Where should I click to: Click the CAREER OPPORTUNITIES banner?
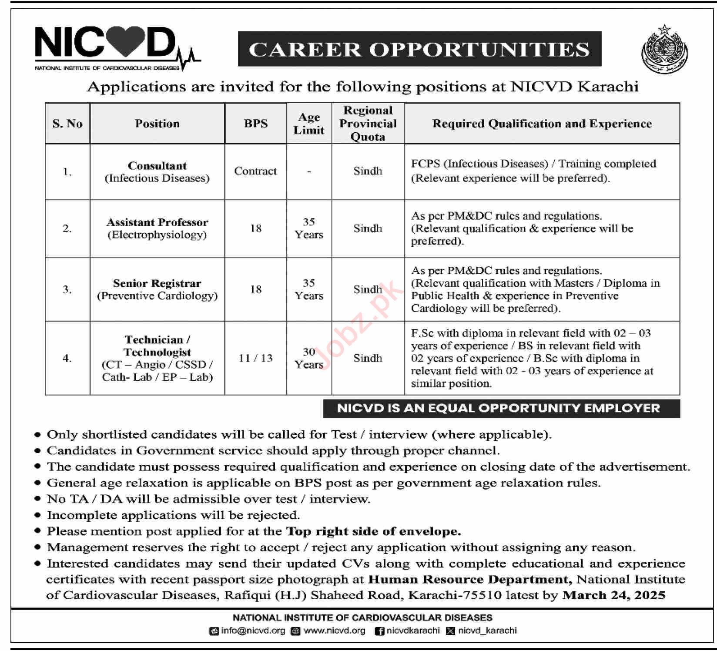point(419,49)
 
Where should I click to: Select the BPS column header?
point(255,124)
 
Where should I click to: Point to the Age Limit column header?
point(309,124)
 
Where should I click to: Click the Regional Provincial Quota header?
point(368,124)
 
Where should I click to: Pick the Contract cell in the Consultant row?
point(255,171)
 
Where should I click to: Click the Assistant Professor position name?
point(157,222)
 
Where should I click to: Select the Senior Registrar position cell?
point(157,289)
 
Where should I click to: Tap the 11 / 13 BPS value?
point(255,358)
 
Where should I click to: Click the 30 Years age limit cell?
point(309,358)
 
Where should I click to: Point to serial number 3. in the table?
point(67,289)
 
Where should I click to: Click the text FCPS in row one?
point(426,164)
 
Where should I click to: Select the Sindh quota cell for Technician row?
point(368,358)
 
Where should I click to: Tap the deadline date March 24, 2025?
point(613,595)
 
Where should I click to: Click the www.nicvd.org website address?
point(334,631)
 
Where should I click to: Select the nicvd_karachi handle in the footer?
point(487,631)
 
